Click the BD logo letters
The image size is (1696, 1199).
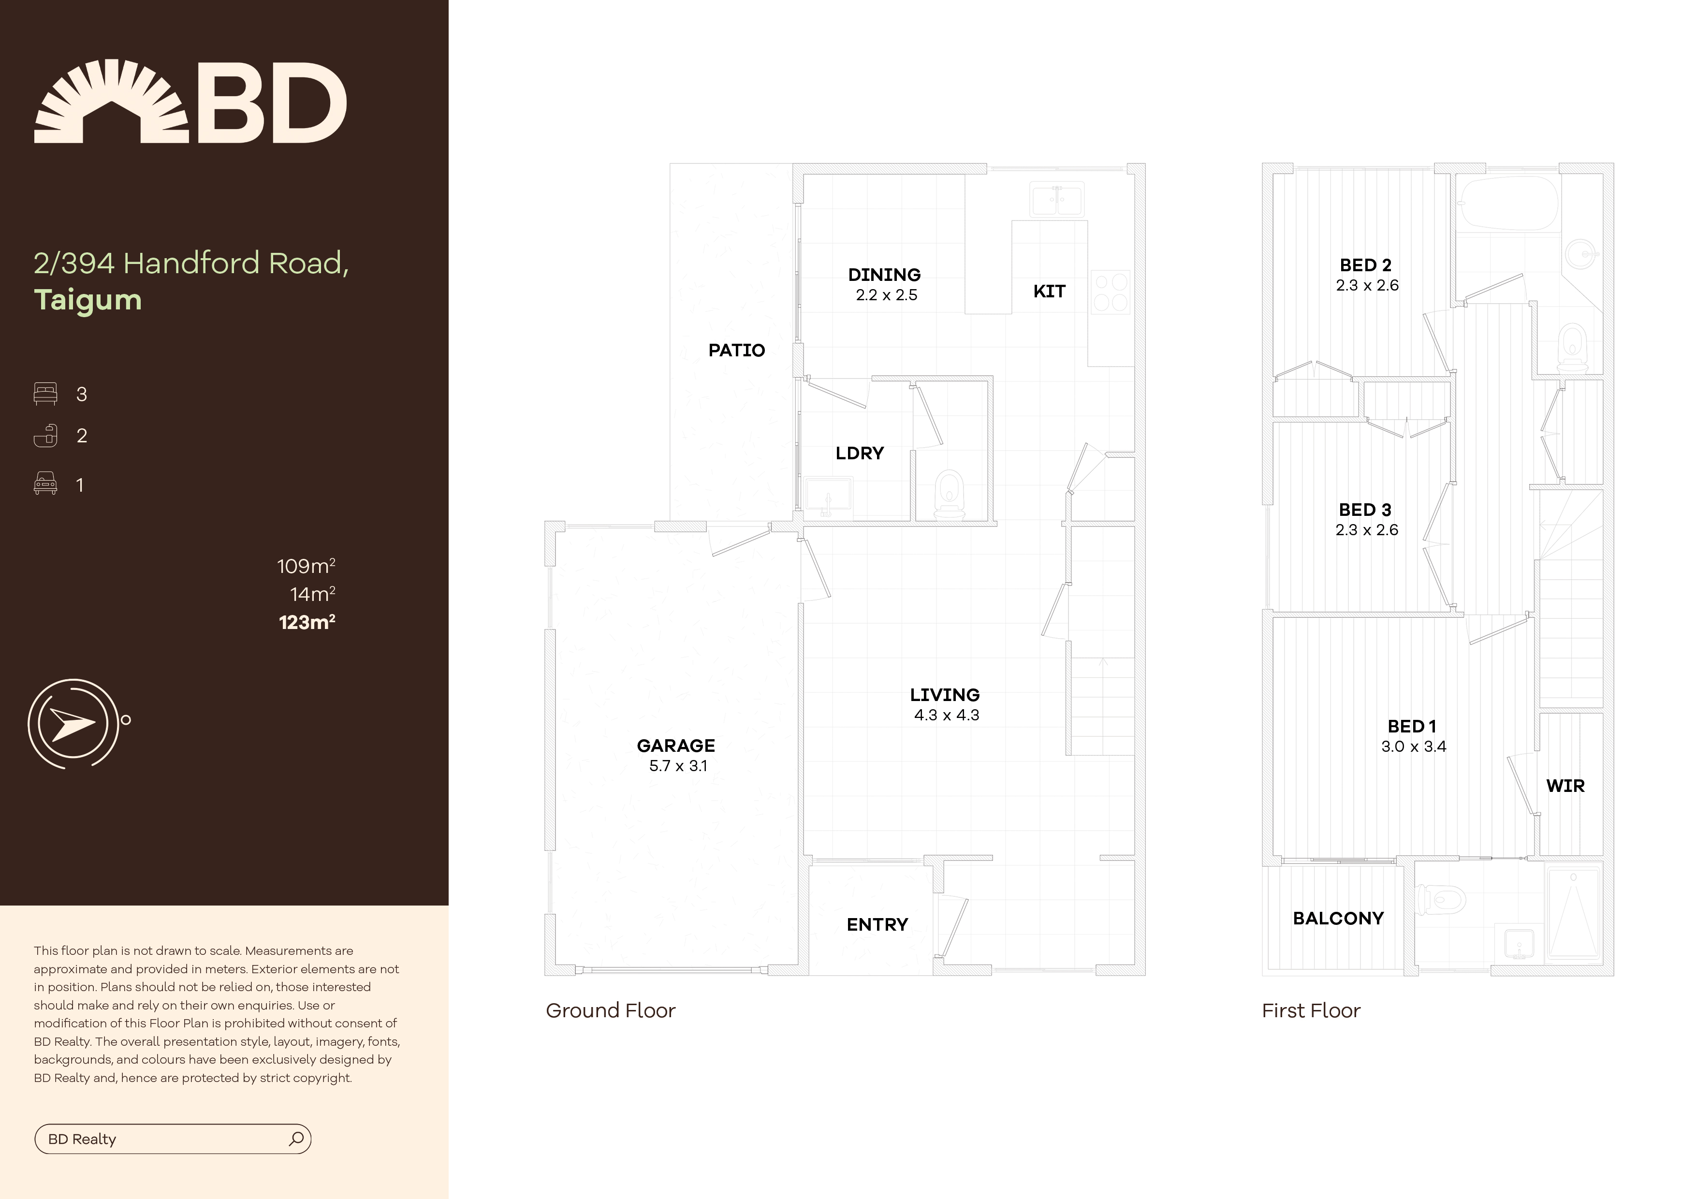270,103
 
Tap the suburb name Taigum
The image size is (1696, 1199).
88,300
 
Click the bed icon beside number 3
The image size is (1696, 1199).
45,394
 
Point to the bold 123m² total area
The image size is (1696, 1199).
307,622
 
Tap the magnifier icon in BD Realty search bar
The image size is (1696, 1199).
296,1139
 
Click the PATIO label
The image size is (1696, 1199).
736,350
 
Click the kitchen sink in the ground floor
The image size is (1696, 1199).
1056,200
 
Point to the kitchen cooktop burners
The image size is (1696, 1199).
1110,292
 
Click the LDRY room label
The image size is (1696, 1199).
859,453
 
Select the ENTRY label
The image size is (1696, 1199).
877,924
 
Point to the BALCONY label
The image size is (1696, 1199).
1338,918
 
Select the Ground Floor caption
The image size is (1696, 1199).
610,1010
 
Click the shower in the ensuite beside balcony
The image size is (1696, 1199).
1573,920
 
